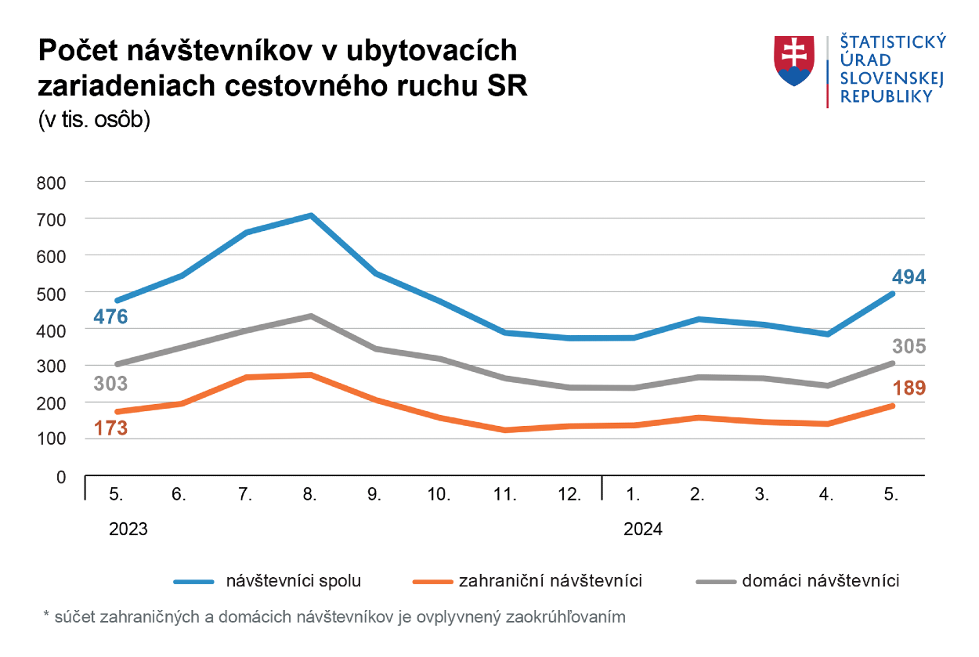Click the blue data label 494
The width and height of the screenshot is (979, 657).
pos(909,276)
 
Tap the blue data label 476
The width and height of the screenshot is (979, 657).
pos(110,317)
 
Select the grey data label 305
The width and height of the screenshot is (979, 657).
pos(909,346)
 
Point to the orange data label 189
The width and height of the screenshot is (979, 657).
pos(909,388)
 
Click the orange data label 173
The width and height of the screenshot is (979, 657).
pos(110,428)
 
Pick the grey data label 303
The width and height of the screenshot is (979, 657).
pos(110,384)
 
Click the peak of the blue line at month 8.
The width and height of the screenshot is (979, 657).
pos(311,215)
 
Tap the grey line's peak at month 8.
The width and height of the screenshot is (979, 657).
pos(311,316)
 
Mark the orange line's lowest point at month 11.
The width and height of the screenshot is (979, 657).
pos(505,430)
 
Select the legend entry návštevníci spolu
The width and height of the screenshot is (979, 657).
pos(293,581)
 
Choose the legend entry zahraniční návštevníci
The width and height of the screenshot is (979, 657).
pos(550,581)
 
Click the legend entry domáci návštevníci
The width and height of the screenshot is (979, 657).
pos(820,581)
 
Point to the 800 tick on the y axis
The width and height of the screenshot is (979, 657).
pos(51,182)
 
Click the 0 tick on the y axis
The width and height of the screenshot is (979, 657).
pos(61,476)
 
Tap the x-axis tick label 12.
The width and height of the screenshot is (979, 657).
pos(569,495)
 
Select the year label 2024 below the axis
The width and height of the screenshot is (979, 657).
pos(643,529)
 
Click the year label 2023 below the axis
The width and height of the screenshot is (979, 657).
pos(128,529)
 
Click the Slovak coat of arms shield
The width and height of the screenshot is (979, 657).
pos(796,60)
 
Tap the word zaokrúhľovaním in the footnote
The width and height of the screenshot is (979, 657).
pos(567,617)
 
